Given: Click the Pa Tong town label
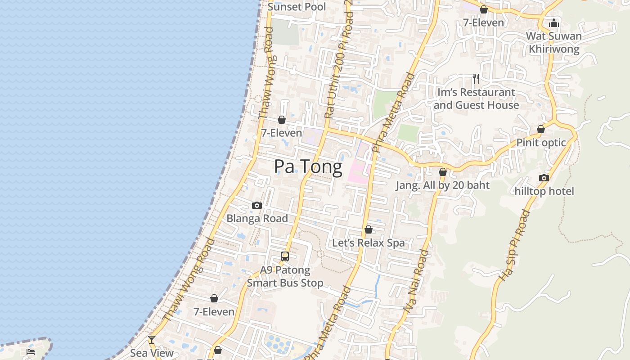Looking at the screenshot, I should [308, 167].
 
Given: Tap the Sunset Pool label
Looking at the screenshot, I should [297, 7].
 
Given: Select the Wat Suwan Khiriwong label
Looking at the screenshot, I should [554, 42].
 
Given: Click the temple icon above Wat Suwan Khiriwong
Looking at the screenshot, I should [554, 23].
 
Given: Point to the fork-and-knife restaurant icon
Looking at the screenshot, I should [476, 79].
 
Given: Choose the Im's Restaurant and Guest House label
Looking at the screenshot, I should [476, 99].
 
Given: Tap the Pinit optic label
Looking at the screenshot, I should [541, 143].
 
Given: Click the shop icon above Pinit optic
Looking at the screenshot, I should [541, 130].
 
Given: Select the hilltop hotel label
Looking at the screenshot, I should [544, 191].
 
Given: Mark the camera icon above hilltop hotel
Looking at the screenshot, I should [544, 178].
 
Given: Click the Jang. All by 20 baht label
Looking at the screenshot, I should [443, 185].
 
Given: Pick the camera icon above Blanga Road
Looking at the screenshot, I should [257, 206].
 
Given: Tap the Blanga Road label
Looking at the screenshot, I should [257, 219].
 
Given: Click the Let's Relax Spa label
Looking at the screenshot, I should [369, 243].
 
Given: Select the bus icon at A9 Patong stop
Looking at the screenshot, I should [285, 256].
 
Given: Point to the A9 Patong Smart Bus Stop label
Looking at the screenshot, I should [285, 276].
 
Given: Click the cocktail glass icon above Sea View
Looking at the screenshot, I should [152, 340].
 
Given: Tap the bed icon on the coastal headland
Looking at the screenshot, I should [31, 351].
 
